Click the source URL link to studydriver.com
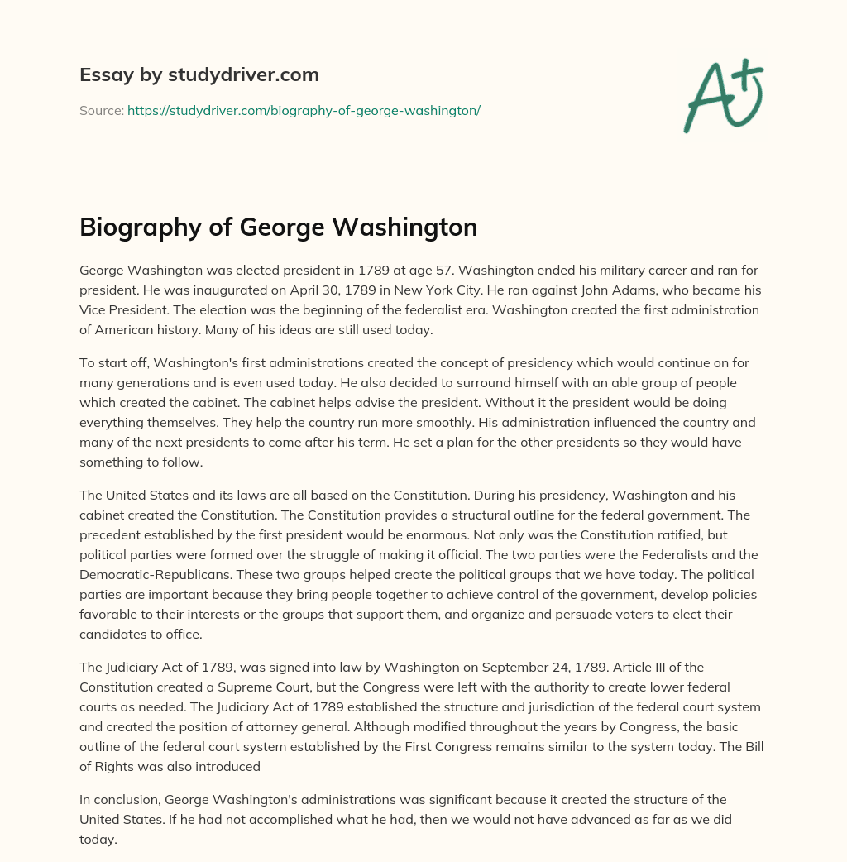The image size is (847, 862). click(304, 110)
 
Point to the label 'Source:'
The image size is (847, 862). click(101, 110)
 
